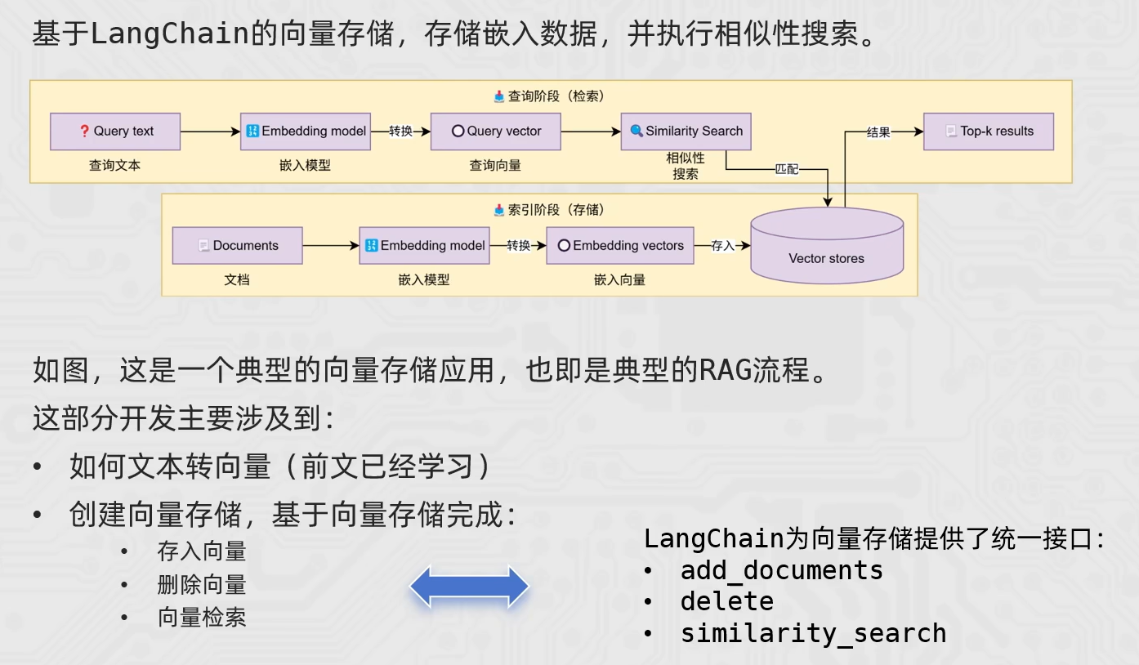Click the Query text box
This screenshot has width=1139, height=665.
tap(115, 132)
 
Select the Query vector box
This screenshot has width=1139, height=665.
tap(496, 132)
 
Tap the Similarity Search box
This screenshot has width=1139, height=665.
tap(686, 132)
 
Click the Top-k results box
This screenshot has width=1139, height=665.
tap(989, 132)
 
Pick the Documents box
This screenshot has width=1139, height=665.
tap(238, 246)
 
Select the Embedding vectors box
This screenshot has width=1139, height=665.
tap(620, 246)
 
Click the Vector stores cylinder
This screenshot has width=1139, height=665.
tap(828, 246)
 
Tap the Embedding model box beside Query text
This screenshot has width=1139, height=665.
tap(306, 132)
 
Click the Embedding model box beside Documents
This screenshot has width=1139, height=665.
tap(425, 246)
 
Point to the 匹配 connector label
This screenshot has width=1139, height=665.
tap(787, 169)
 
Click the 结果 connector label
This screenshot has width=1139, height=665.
tap(878, 132)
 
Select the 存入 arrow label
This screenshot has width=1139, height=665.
tap(722, 246)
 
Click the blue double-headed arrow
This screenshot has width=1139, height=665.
tap(469, 587)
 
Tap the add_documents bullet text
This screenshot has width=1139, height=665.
tap(782, 570)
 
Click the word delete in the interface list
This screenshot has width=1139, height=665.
tap(727, 601)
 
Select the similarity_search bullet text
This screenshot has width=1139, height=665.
tap(814, 633)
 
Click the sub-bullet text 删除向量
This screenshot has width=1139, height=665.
tap(202, 585)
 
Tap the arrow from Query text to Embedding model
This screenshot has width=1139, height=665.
tap(211, 132)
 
